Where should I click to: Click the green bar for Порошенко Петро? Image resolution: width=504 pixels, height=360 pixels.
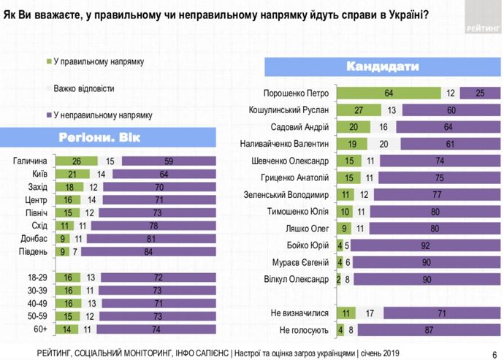389,93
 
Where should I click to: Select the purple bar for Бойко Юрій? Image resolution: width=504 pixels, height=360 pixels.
424,246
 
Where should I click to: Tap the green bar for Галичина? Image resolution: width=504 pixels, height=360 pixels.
76,161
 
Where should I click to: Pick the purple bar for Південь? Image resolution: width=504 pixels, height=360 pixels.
148,252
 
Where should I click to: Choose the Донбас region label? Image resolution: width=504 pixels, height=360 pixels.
34,239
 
